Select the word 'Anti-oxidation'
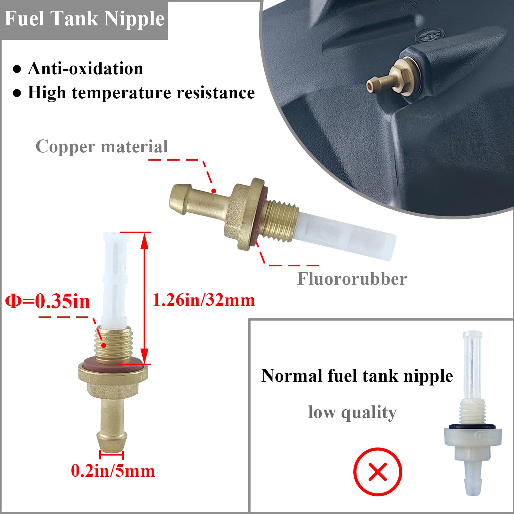point(85,69)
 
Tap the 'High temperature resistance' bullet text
point(141,93)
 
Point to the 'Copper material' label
point(102,146)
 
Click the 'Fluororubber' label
point(352,279)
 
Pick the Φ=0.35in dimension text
point(48,301)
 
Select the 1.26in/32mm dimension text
point(204,300)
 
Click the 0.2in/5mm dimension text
point(113,471)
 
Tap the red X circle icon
point(377,472)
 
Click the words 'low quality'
point(352,412)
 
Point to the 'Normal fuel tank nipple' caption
point(357,376)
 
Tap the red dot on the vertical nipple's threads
point(104,345)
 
